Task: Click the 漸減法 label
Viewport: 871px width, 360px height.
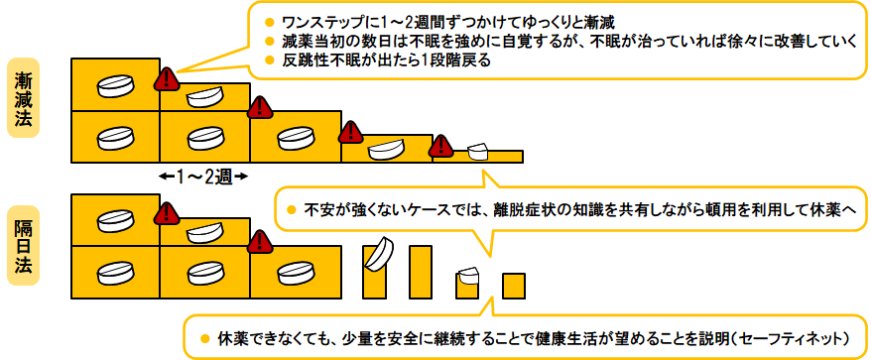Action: (x=23, y=98)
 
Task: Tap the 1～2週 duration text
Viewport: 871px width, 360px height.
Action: (x=202, y=178)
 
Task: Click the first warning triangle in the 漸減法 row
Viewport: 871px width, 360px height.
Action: (x=167, y=79)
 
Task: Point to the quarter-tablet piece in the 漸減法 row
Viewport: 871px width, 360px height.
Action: (x=478, y=151)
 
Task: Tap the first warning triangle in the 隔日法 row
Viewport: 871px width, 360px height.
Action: (x=167, y=214)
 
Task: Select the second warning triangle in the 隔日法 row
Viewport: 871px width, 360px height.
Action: (x=259, y=242)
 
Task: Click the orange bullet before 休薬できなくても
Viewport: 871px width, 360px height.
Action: (x=205, y=338)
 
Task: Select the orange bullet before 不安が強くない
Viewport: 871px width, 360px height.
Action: (x=291, y=210)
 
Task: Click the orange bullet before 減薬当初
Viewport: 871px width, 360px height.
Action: (x=270, y=41)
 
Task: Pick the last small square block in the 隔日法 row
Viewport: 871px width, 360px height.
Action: (x=514, y=286)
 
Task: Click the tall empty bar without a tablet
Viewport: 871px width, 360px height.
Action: (x=421, y=272)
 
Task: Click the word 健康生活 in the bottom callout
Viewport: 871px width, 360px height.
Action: (x=548, y=338)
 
